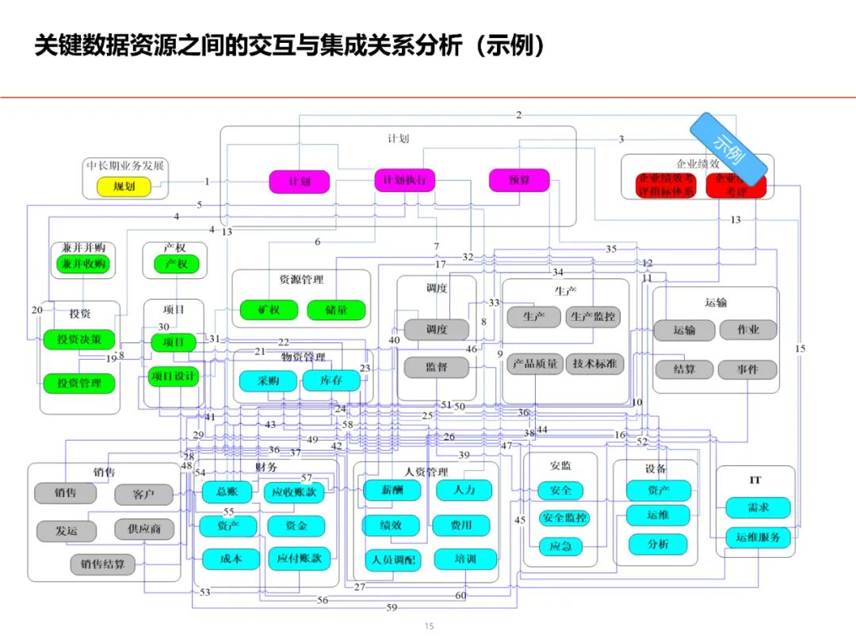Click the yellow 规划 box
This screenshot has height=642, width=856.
[124, 186]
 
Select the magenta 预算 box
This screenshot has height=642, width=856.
[519, 181]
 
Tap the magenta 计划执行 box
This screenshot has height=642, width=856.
[404, 181]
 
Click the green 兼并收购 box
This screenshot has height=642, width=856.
[83, 264]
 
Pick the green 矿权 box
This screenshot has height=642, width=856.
[269, 310]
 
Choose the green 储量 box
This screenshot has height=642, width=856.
[336, 310]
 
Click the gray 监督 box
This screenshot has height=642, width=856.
[436, 368]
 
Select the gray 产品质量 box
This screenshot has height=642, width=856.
[535, 364]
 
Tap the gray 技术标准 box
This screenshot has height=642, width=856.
[594, 364]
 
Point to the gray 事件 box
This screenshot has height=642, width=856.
[748, 369]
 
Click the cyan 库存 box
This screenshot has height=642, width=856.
[331, 381]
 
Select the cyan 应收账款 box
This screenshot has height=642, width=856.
[294, 492]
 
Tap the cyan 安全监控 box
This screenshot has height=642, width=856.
[564, 518]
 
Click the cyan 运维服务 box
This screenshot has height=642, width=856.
[758, 537]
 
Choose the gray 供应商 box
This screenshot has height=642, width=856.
[143, 529]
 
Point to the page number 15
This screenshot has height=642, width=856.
[429, 626]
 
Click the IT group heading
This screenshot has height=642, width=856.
[755, 480]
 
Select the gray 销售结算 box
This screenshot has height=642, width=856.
[102, 564]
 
